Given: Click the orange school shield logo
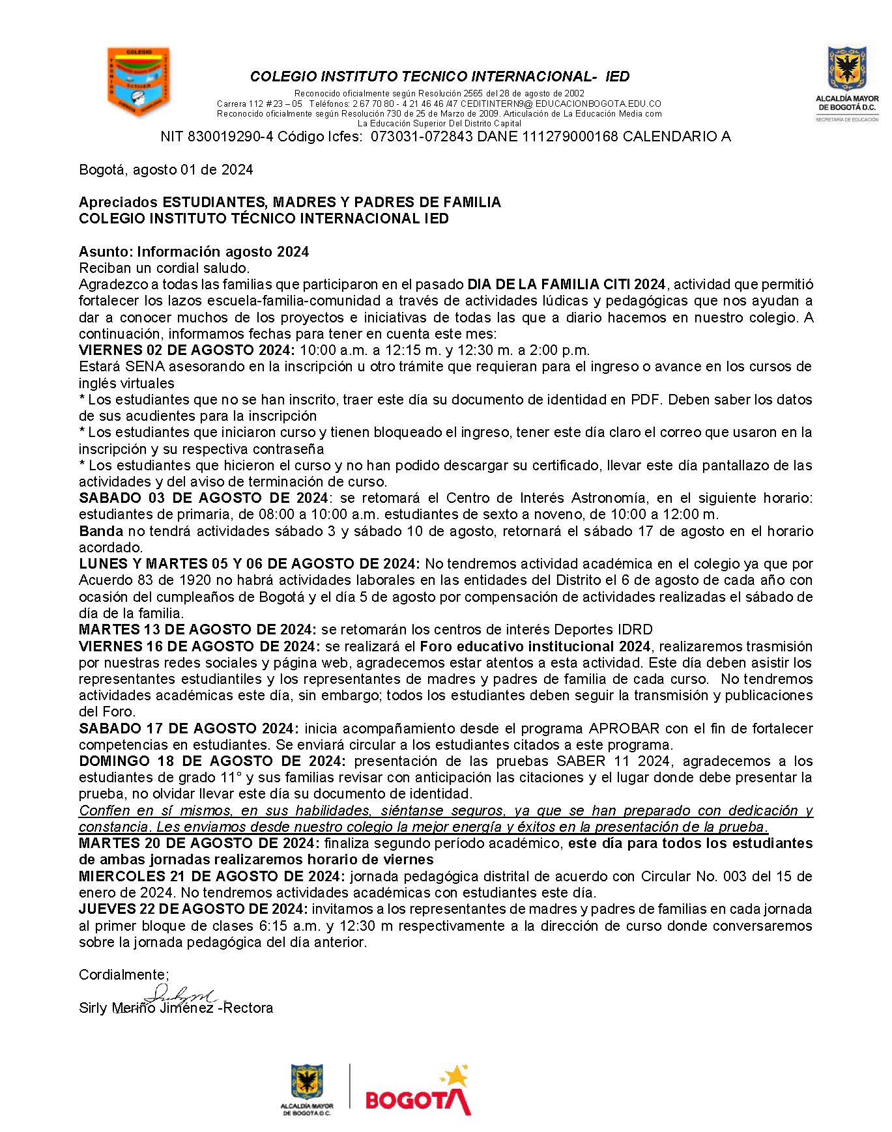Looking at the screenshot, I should (x=137, y=81).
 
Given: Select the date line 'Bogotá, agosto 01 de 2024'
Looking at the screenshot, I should (x=165, y=170).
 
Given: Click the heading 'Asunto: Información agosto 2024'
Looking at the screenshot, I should (x=194, y=251).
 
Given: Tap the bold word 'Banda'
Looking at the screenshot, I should (x=100, y=531).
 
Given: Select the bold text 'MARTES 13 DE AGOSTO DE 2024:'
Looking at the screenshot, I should (x=197, y=629).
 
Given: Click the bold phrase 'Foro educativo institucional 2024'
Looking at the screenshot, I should (x=535, y=646).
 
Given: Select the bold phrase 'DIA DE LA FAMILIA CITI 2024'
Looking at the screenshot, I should (x=566, y=285).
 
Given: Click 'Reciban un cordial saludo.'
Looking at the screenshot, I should (x=164, y=268).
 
